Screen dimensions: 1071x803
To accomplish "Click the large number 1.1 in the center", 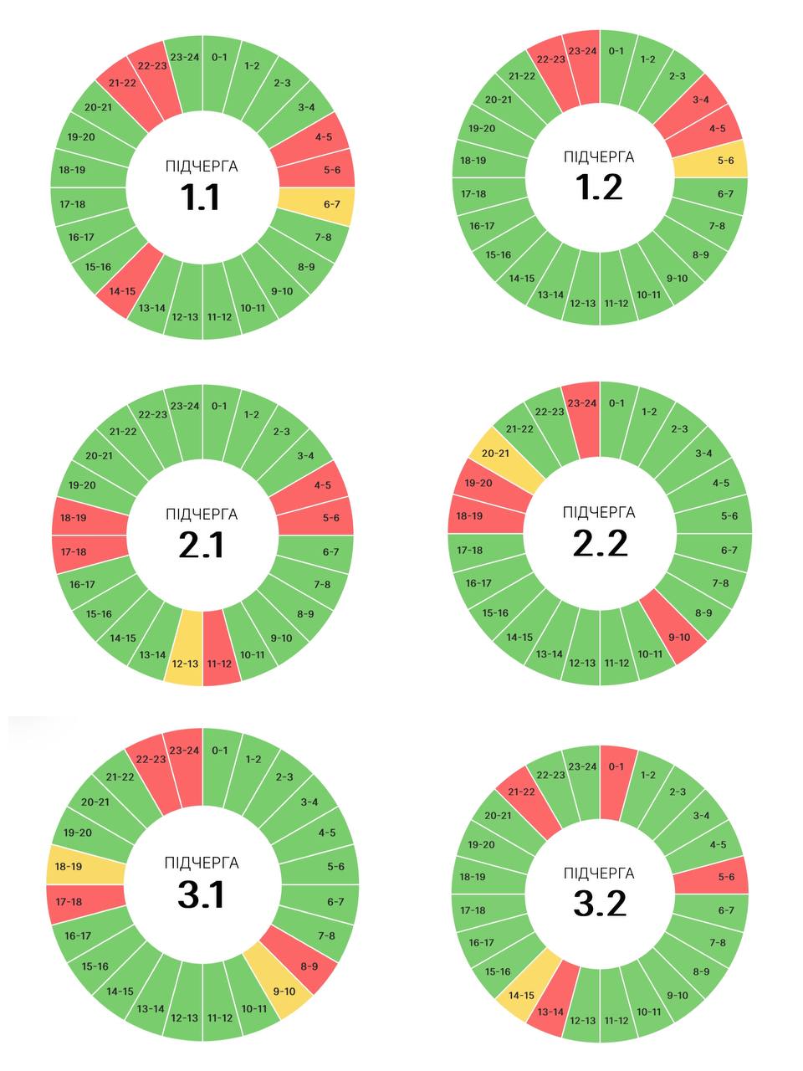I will point(201,197).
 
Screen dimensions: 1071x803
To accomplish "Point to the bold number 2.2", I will point(600,544).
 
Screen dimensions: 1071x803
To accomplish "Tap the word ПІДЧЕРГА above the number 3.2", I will point(599,874).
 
